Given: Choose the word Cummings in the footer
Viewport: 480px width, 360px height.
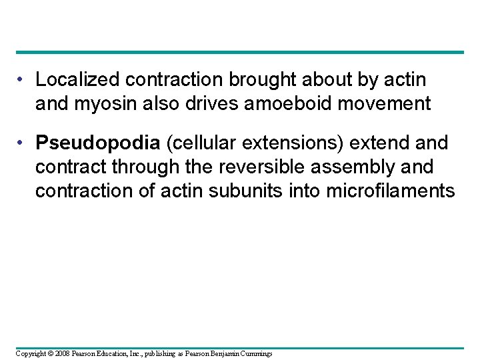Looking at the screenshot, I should pyautogui.click(x=254, y=353).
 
